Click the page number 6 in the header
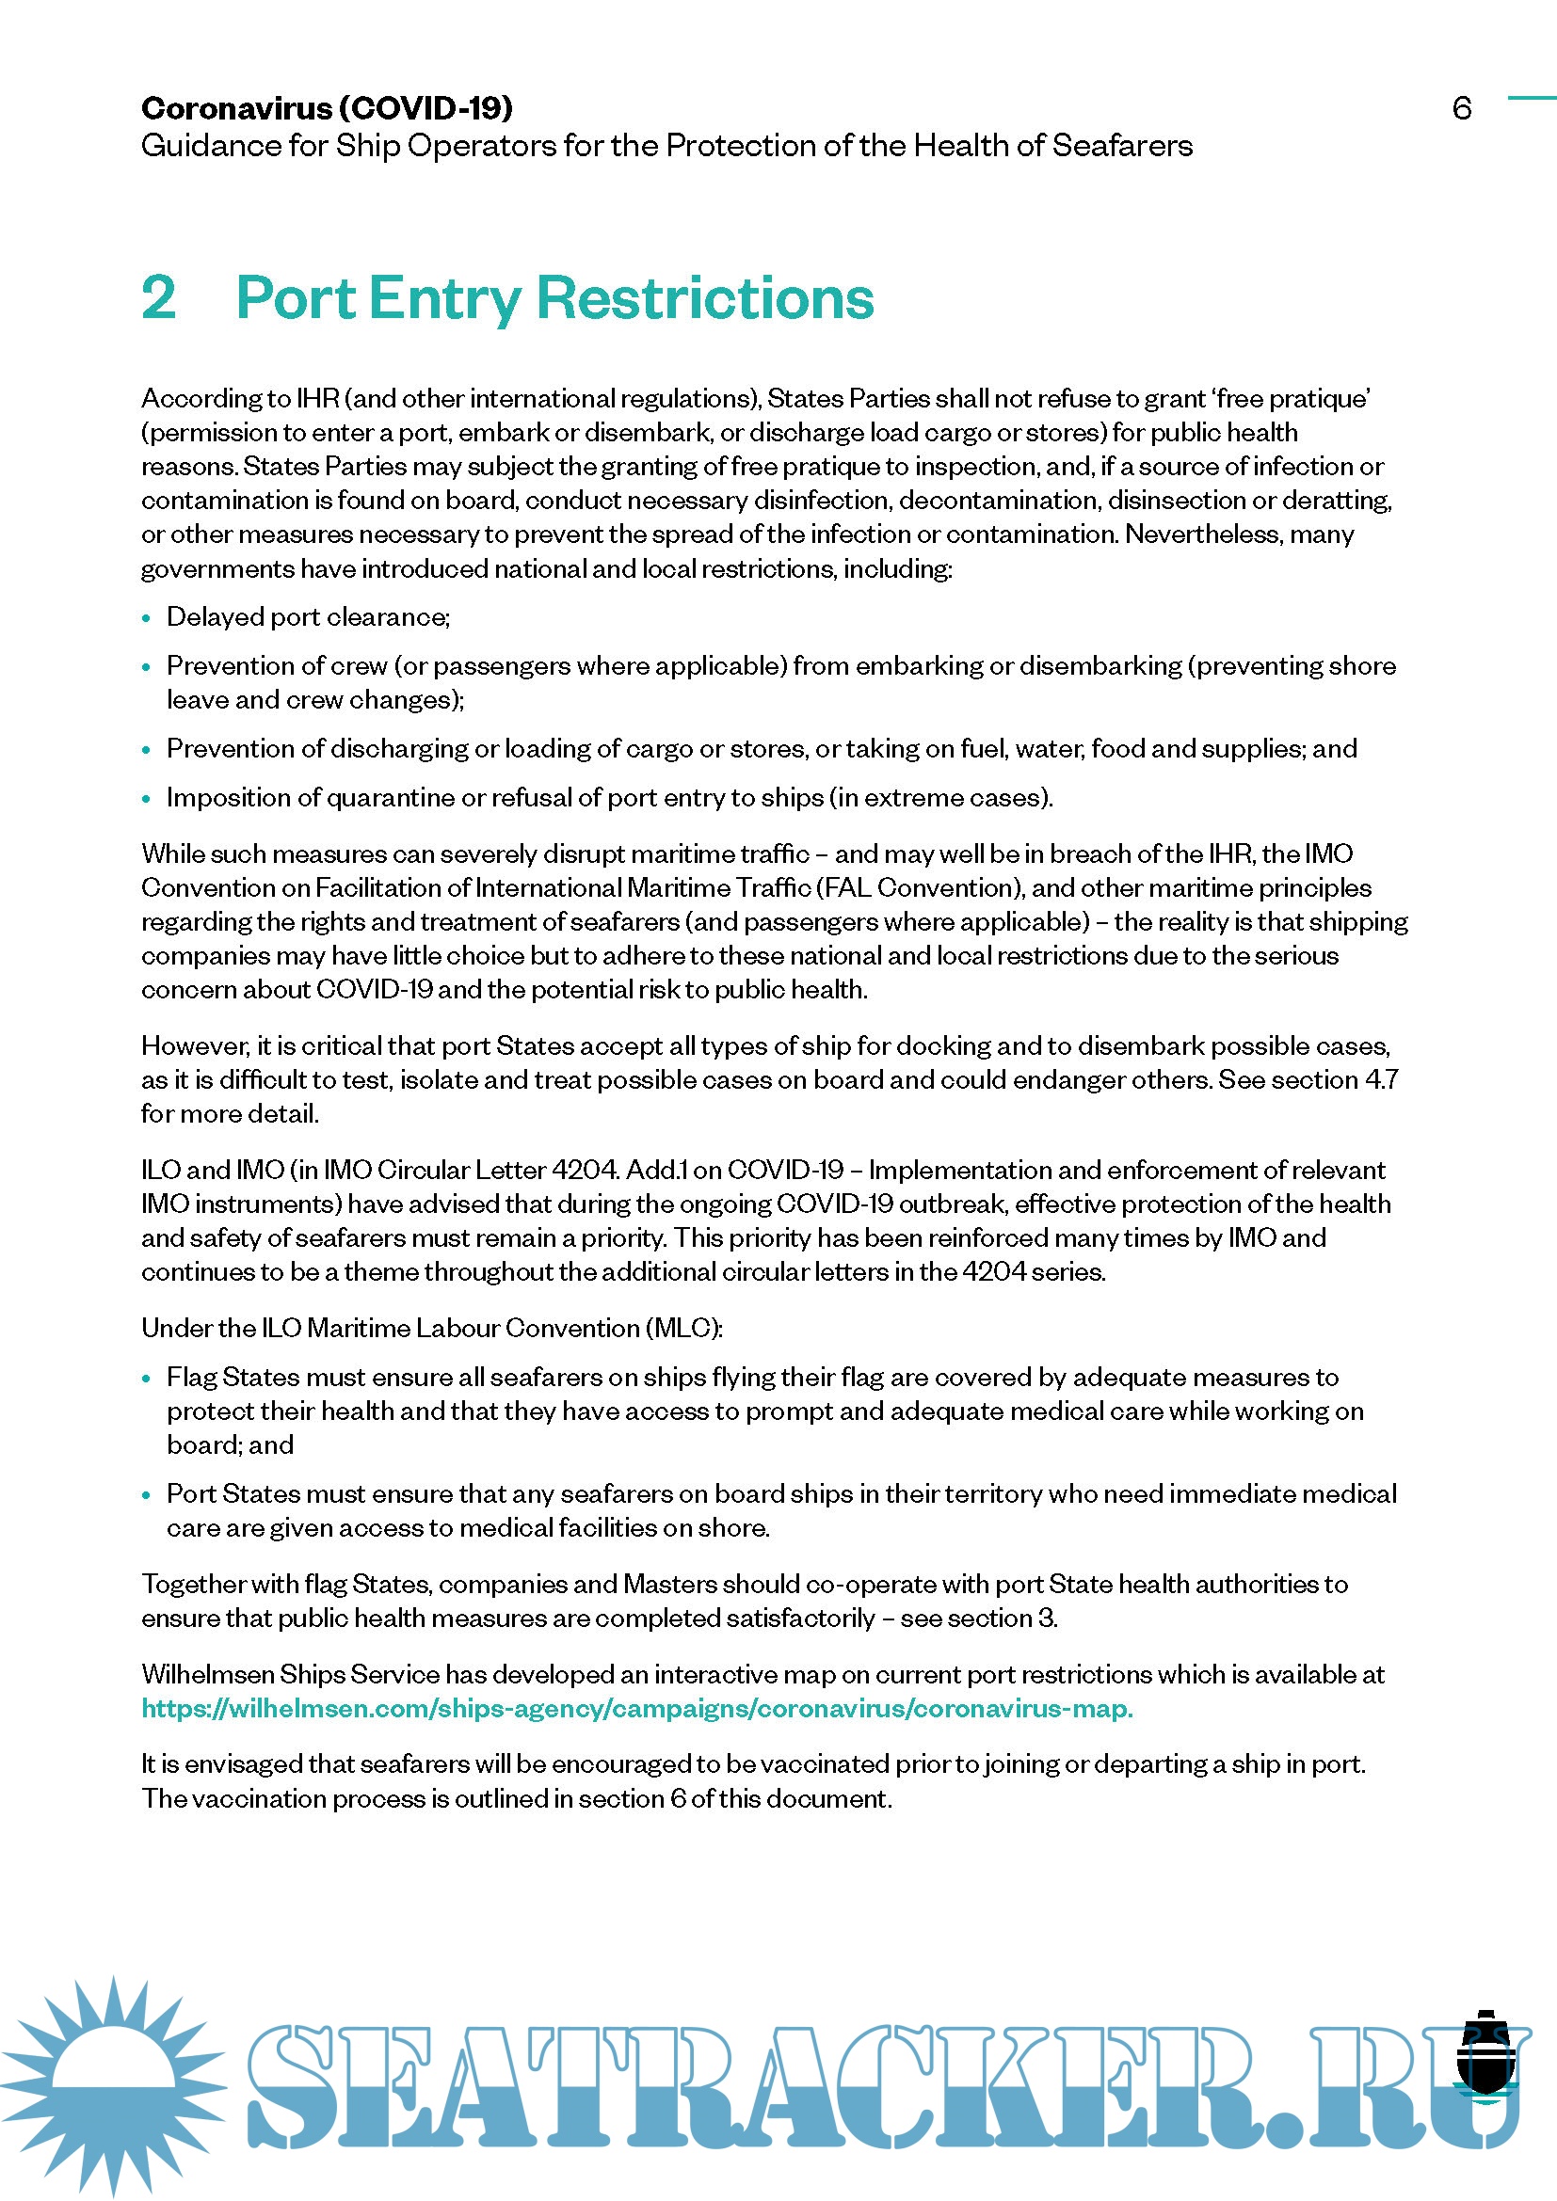(x=1461, y=107)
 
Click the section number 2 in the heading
(x=159, y=297)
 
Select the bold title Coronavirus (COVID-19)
(x=327, y=107)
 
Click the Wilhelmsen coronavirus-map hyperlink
(x=636, y=1708)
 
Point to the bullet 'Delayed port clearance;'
(x=308, y=616)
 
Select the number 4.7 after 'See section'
(x=1381, y=1079)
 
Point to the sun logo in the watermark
(x=113, y=2085)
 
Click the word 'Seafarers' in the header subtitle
(x=1122, y=146)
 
